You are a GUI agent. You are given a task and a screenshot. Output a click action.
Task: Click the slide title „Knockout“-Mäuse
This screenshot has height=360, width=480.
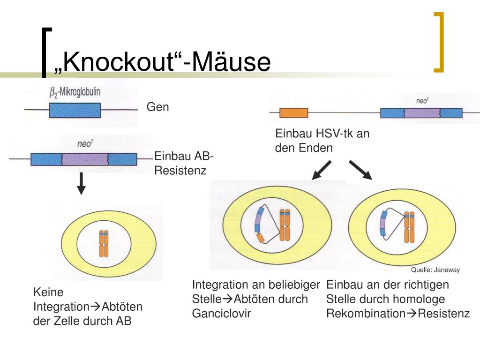pyautogui.click(x=162, y=62)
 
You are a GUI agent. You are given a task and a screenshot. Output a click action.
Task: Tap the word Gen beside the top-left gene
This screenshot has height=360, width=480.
pyautogui.click(x=157, y=107)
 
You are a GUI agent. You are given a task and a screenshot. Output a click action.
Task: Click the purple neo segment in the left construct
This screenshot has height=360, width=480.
pyautogui.click(x=84, y=159)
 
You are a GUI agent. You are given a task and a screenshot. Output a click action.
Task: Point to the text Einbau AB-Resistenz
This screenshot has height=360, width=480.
pyautogui.click(x=184, y=163)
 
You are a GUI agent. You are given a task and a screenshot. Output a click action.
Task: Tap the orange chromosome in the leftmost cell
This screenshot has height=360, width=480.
pyautogui.click(x=104, y=243)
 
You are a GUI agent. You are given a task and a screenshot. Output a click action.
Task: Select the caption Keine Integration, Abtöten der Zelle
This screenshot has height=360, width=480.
pyautogui.click(x=87, y=307)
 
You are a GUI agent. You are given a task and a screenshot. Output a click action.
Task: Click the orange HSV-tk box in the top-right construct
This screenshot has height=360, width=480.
pyautogui.click(x=293, y=113)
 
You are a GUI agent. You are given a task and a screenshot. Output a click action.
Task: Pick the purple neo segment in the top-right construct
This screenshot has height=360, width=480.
pyautogui.click(x=421, y=113)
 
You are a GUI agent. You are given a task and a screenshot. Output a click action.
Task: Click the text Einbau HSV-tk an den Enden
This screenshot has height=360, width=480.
pyautogui.click(x=322, y=141)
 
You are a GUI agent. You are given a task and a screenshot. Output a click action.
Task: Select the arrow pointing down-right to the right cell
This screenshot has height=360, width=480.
pyautogui.click(x=360, y=170)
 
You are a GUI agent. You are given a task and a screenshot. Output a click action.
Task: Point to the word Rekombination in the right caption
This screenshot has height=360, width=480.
pyautogui.click(x=365, y=314)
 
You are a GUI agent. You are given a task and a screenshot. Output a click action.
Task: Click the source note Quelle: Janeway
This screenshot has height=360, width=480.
pyautogui.click(x=435, y=270)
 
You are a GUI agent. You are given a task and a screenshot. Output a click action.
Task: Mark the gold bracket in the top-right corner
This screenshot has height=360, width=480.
pyautogui.click(x=439, y=42)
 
